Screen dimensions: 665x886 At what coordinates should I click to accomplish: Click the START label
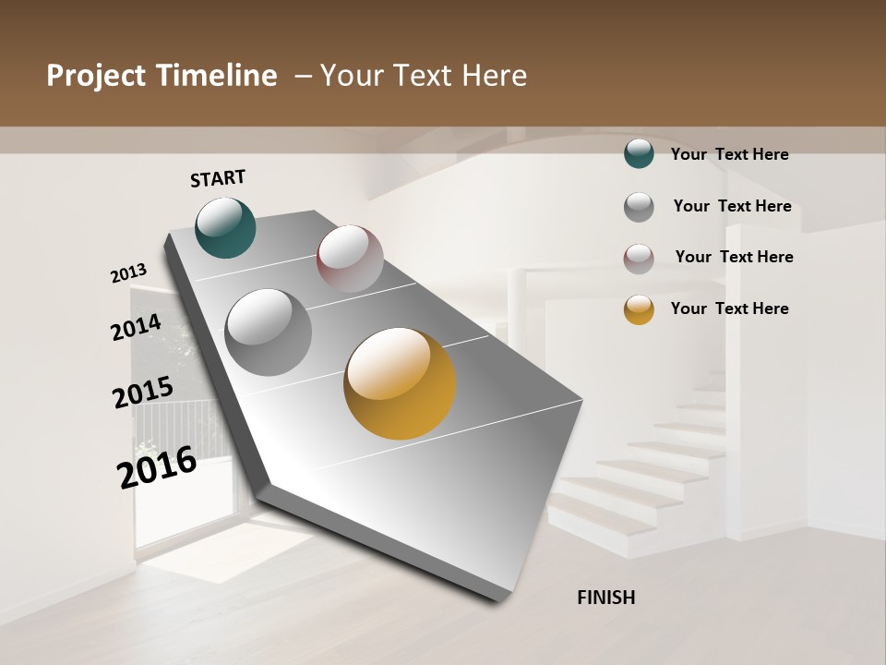pos(218,178)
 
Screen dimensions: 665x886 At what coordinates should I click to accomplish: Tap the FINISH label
pos(606,598)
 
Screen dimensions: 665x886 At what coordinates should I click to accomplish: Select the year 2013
pos(128,273)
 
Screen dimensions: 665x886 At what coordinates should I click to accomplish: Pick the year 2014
pos(136,327)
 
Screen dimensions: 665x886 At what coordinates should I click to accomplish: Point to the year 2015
pos(142,393)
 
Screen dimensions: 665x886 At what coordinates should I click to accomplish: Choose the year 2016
pos(157,467)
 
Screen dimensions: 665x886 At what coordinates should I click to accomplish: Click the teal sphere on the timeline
pos(225,227)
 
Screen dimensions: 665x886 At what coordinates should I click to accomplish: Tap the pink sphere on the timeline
pos(350,259)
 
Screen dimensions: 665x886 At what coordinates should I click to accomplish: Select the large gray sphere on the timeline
pos(269,332)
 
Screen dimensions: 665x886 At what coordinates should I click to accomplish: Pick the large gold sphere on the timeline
pos(400,383)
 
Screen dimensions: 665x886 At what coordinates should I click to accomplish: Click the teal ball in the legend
pos(639,153)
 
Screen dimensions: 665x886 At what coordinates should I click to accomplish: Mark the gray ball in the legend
pos(639,207)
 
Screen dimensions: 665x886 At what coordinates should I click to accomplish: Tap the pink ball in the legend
pos(639,259)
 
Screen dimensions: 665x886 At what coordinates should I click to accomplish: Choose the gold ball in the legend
pos(639,309)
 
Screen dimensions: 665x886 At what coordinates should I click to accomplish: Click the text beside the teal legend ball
pos(729,154)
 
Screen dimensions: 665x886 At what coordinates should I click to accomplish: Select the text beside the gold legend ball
pos(729,308)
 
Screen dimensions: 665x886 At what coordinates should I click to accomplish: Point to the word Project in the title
pos(97,76)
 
